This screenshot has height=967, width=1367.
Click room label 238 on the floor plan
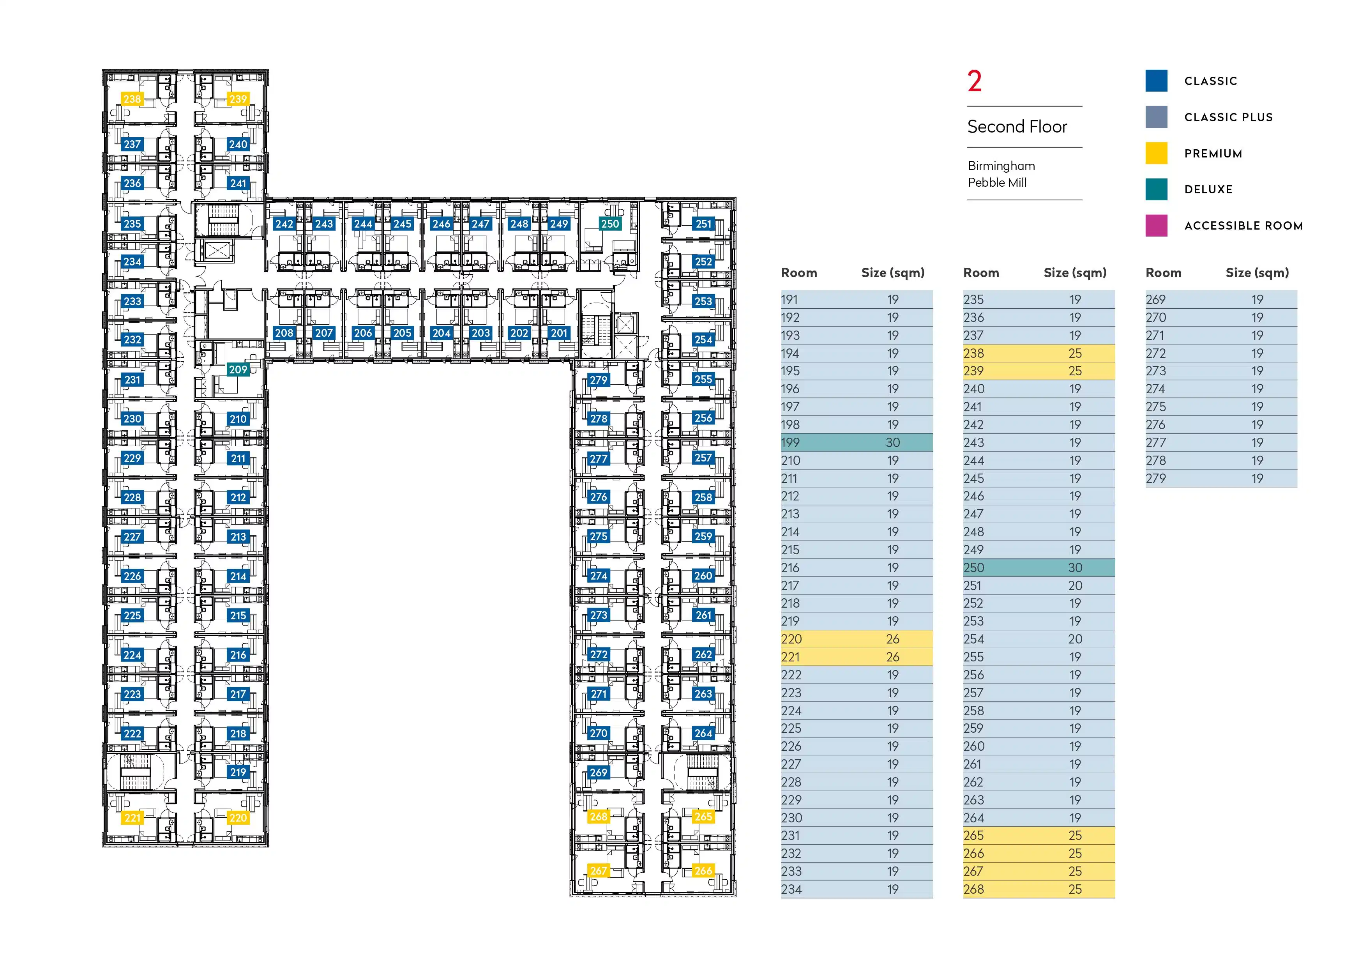click(132, 99)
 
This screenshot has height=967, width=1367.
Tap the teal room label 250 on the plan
click(610, 224)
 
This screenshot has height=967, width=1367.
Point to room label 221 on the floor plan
click(132, 818)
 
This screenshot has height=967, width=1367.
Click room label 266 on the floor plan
click(703, 871)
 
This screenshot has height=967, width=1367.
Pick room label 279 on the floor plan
click(599, 380)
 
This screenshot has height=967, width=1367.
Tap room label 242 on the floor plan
click(284, 224)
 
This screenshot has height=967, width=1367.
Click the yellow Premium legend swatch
click(1156, 153)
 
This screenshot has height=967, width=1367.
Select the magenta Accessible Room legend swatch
click(1156, 226)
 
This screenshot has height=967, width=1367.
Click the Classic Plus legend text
click(1228, 117)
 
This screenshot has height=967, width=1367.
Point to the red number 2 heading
click(975, 81)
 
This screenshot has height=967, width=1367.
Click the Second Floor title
click(1017, 127)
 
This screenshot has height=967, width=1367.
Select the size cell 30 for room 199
click(892, 442)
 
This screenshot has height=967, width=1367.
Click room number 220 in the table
click(791, 639)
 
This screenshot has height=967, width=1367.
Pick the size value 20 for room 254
click(1075, 639)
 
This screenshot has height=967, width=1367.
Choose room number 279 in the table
click(1156, 478)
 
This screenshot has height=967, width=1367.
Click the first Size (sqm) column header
click(892, 273)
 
